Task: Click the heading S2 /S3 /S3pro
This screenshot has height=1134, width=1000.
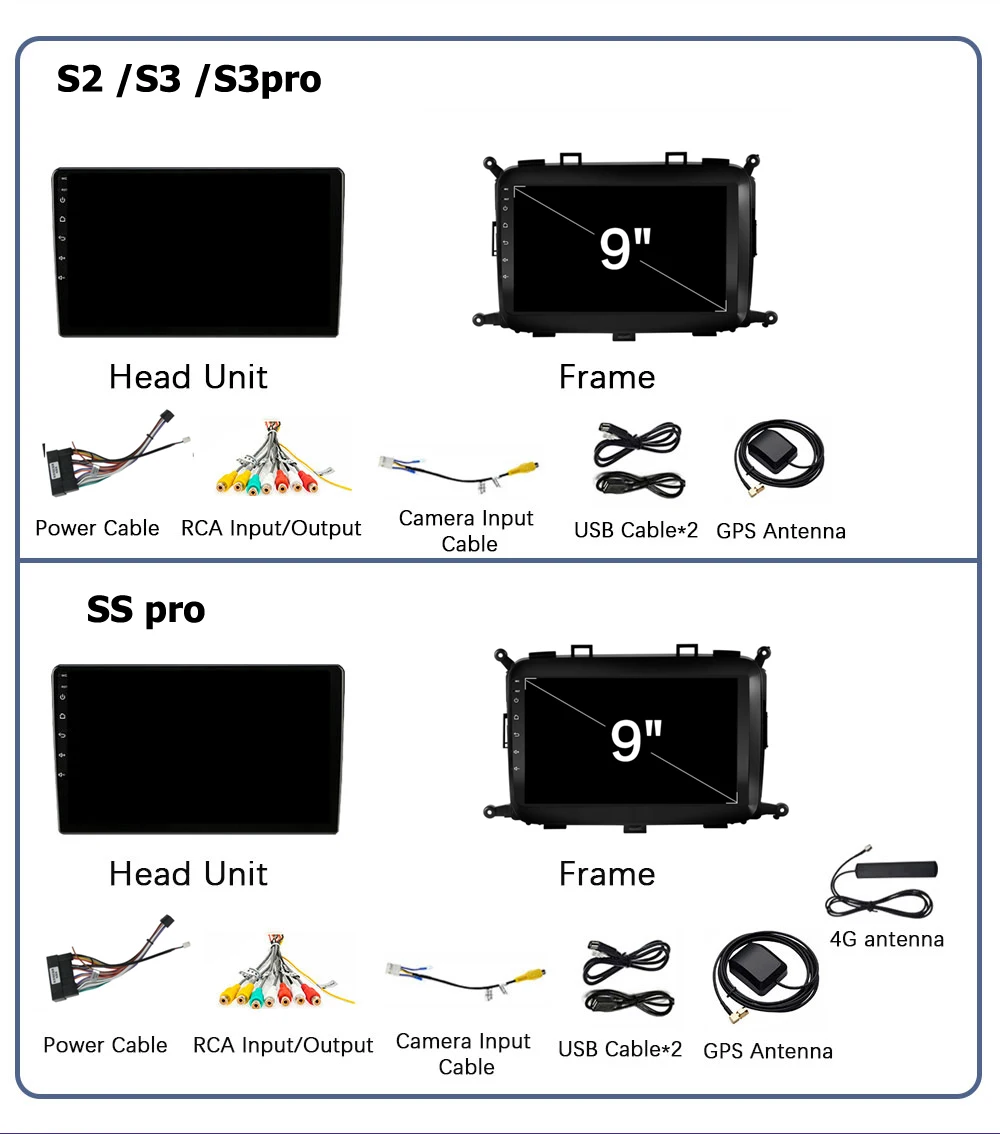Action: pyautogui.click(x=189, y=79)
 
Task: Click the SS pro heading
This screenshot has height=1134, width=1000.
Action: pyautogui.click(x=146, y=609)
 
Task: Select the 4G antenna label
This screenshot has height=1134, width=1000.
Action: pyautogui.click(x=886, y=939)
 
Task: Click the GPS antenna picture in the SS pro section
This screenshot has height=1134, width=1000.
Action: pyautogui.click(x=765, y=980)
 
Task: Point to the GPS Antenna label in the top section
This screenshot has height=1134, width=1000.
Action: pyautogui.click(x=781, y=531)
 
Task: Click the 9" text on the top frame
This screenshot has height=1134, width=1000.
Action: pyautogui.click(x=625, y=248)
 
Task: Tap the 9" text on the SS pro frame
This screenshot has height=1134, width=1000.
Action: pyautogui.click(x=637, y=740)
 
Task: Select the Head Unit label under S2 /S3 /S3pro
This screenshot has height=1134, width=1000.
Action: pyautogui.click(x=188, y=377)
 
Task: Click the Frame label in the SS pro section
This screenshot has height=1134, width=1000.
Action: pyautogui.click(x=607, y=874)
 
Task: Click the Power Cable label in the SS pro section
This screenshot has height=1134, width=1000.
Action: pyautogui.click(x=105, y=1045)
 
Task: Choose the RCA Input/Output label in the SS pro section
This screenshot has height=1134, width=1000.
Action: pyautogui.click(x=283, y=1045)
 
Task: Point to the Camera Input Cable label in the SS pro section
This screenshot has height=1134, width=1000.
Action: pyautogui.click(x=464, y=1054)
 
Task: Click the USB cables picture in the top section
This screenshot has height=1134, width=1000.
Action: pyautogui.click(x=637, y=459)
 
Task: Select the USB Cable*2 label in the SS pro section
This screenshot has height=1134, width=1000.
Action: pyautogui.click(x=620, y=1049)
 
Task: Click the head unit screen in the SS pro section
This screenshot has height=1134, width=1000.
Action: pyautogui.click(x=198, y=749)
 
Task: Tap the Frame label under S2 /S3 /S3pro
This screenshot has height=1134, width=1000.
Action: pyautogui.click(x=607, y=377)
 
